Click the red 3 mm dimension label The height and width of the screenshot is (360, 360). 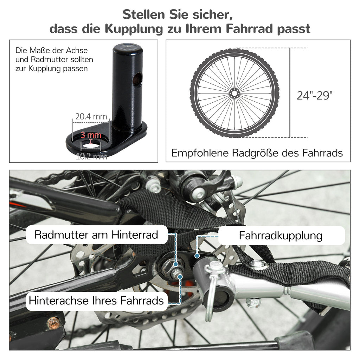click(91, 135)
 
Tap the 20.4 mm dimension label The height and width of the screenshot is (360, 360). click(91, 116)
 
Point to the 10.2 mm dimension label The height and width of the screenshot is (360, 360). click(91, 156)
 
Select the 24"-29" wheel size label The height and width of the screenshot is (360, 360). click(315, 95)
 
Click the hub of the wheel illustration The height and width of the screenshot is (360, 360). click(234, 93)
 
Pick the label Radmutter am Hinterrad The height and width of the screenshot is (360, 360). click(96, 234)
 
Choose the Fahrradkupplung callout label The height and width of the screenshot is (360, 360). click(281, 236)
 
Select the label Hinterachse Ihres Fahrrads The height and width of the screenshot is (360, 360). click(96, 301)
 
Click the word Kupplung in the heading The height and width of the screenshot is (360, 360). click(134, 29)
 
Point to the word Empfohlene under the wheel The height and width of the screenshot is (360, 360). click(200, 153)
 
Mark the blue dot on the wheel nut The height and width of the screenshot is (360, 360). click(176, 264)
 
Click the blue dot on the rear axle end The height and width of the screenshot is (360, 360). click(180, 277)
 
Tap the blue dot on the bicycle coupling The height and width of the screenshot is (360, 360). click(197, 256)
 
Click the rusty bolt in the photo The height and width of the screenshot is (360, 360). click(53, 323)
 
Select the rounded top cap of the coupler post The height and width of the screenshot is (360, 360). click(128, 48)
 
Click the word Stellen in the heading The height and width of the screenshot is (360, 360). click(144, 14)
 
